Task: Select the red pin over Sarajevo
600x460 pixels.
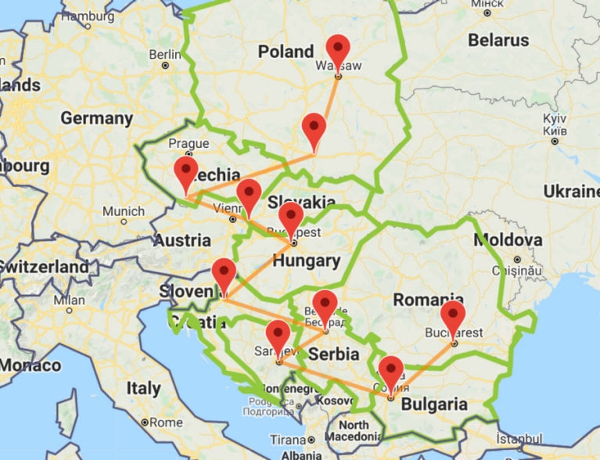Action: tap(278, 336)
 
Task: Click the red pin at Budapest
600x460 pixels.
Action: tap(291, 217)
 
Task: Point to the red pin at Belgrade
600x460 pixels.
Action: tap(325, 305)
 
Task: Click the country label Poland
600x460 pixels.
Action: tap(286, 52)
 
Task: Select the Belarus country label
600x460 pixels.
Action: tap(498, 39)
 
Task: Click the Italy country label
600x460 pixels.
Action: tap(143, 388)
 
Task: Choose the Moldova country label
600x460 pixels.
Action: tap(508, 239)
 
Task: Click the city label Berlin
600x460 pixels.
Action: tap(164, 54)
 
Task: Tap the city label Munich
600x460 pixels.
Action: tap(123, 211)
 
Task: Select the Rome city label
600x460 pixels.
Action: tap(165, 422)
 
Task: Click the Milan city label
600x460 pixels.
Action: tap(69, 300)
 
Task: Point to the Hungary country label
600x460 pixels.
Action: tap(307, 261)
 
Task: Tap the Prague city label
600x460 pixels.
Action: tap(189, 143)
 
